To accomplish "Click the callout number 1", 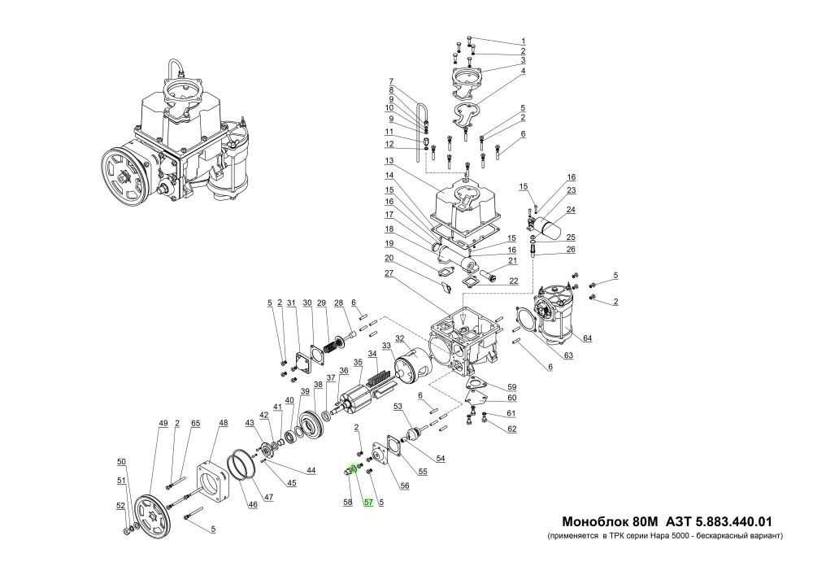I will point(524,41).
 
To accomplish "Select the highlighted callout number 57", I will point(368,503).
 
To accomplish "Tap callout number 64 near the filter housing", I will point(587,338).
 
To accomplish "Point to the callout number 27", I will point(389,273).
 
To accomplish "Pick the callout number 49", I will point(163,423).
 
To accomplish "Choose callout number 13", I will point(389,160).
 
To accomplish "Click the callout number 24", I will point(571,211).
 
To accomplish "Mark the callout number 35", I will point(358,363).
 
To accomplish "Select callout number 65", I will point(195,423).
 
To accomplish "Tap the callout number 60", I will point(511,398).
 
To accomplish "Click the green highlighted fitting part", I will point(353,469).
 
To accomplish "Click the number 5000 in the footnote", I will point(684,538).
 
